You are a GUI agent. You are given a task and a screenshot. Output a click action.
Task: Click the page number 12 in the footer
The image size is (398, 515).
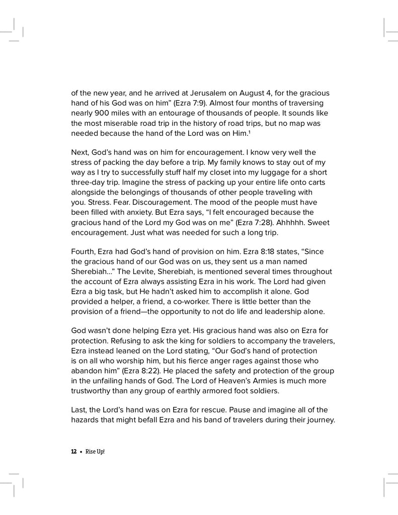[73, 452]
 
